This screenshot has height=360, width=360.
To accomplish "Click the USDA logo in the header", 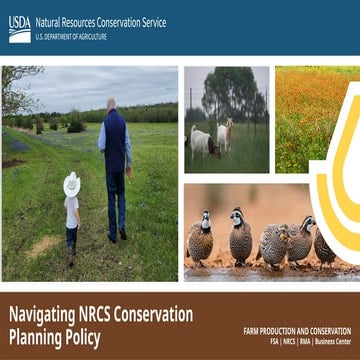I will [x=19, y=28].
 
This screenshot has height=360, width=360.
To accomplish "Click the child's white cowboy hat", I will [x=72, y=184].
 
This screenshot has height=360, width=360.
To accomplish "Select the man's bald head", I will [x=112, y=104].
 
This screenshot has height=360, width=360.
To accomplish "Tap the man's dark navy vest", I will [x=116, y=141].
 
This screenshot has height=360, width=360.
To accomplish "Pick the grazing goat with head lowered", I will [x=202, y=142].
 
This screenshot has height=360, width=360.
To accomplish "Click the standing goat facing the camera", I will [x=226, y=132].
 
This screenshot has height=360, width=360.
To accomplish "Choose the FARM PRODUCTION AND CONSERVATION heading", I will [x=297, y=330].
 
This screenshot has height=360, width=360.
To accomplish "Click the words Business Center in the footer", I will [x=329, y=341].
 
